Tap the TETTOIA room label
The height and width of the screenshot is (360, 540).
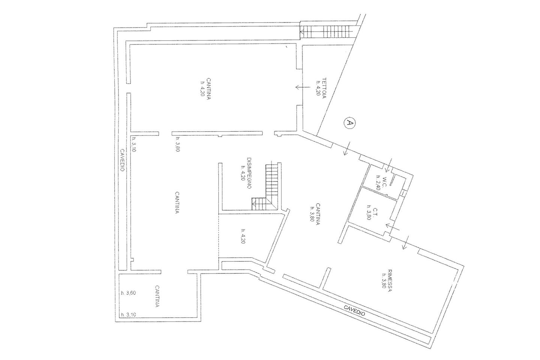324,88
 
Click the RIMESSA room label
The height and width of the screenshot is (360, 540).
388,281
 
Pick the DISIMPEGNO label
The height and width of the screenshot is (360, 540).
249,173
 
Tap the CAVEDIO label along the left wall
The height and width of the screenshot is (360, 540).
123,160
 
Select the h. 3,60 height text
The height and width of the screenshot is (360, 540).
129,293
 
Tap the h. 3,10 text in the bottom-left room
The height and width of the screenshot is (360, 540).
129,314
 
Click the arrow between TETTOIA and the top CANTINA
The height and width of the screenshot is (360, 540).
303,87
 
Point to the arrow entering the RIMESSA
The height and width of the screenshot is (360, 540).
405,242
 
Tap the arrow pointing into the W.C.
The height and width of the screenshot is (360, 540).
388,165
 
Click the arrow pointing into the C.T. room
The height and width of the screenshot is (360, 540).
393,227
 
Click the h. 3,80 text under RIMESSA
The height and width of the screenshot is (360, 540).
382,281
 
